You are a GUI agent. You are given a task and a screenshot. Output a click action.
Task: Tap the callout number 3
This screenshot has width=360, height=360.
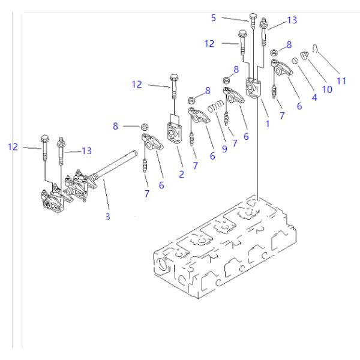pyautogui.click(x=108, y=217)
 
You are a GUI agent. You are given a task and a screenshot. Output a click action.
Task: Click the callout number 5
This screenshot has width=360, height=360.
pyautogui.click(x=213, y=19)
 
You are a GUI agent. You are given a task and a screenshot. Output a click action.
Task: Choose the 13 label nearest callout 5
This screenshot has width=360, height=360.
pyautogui.click(x=292, y=20)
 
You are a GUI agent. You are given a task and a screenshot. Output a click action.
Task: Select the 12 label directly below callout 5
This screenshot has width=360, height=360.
pyautogui.click(x=209, y=43)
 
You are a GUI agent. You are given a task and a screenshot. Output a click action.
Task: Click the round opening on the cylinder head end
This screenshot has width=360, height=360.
pyautogui.click(x=161, y=263)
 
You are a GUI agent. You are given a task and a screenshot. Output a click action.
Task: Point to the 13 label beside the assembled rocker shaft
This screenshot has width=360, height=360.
pyautogui.click(x=86, y=151)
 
